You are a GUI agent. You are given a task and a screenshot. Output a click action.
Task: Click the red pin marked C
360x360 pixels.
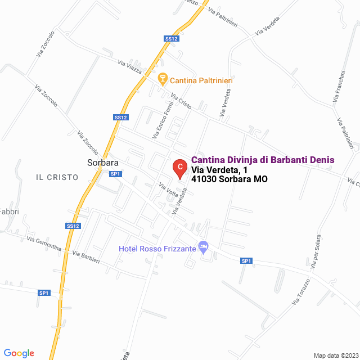[x=179, y=167]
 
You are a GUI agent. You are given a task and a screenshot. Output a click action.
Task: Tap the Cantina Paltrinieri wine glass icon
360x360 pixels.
[x=163, y=78]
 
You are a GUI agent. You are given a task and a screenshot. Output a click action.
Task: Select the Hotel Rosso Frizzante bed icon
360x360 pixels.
[x=204, y=247]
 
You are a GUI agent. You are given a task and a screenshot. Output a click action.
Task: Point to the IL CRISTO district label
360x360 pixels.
[x=57, y=177]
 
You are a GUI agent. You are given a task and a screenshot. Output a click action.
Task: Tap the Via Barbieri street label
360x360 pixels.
[x=86, y=257]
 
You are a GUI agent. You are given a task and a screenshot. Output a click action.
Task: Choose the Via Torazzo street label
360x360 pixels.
[x=301, y=292]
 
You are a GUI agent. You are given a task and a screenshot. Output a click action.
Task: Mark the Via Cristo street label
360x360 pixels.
[x=181, y=101]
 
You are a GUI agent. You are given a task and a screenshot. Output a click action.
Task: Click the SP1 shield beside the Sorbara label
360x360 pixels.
[x=115, y=174]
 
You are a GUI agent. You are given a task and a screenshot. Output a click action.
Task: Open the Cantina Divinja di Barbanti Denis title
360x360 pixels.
[x=263, y=160]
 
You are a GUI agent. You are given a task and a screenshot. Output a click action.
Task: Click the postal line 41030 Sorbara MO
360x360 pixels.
[x=229, y=179]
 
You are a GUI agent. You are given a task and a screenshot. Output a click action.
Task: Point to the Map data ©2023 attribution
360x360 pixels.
[x=335, y=355]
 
